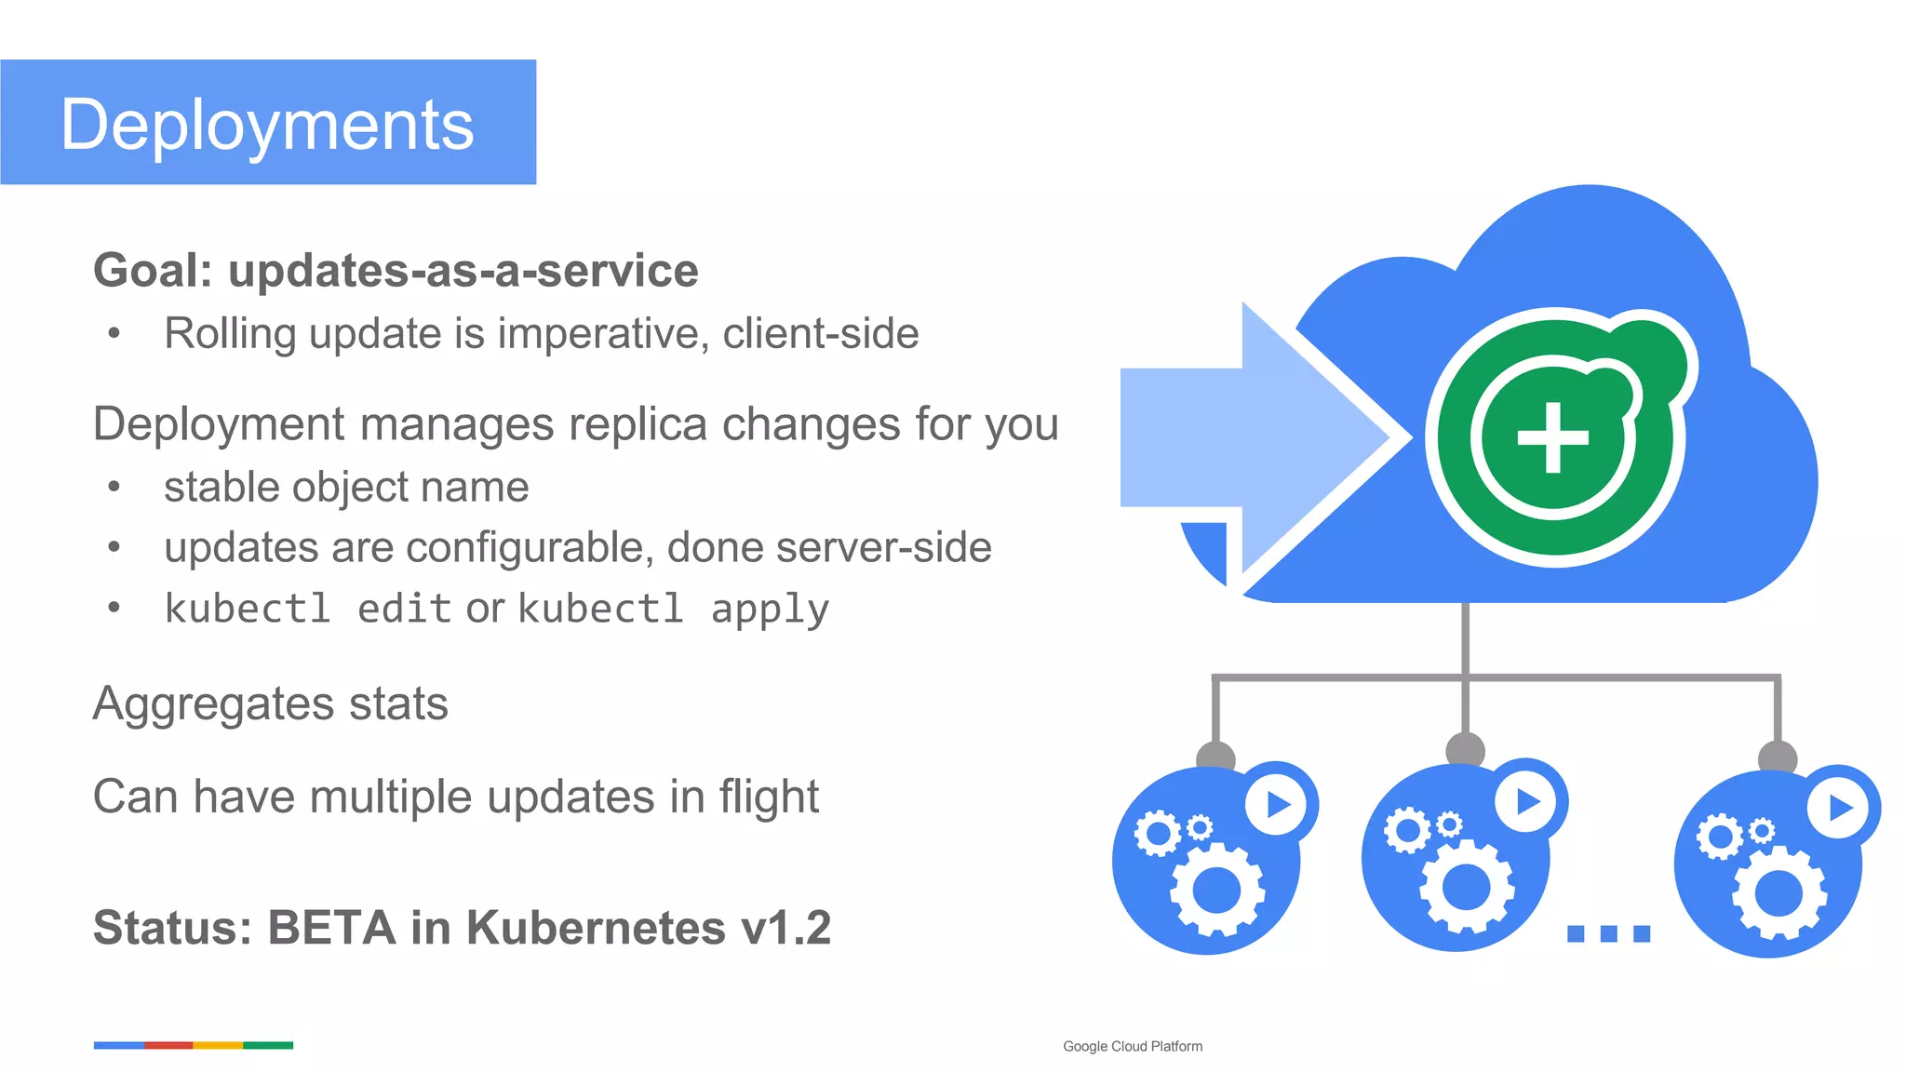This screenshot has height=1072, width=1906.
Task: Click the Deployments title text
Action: click(267, 125)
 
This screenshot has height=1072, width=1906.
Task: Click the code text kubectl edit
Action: click(307, 609)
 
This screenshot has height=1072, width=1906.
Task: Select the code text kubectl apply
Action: click(673, 609)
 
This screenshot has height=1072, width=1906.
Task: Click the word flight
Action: click(769, 797)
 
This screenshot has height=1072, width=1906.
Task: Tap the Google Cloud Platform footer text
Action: click(1132, 1047)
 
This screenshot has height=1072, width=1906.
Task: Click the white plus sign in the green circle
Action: click(1552, 437)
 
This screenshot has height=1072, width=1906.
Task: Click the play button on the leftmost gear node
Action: click(1277, 804)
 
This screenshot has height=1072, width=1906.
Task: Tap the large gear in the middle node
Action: click(1466, 886)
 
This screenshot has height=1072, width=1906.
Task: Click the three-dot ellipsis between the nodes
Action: click(1608, 933)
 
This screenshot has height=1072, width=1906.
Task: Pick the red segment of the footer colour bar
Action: click(168, 1046)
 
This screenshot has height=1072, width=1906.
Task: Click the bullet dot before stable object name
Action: click(114, 487)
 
